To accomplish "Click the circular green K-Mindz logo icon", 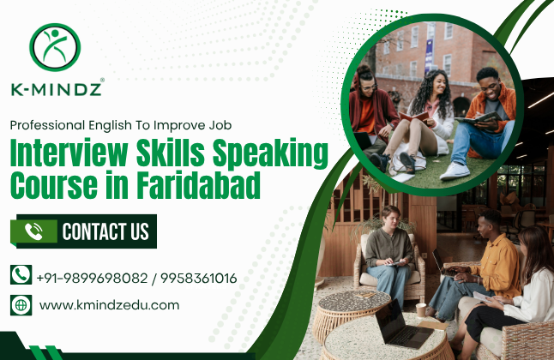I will tap(55, 48).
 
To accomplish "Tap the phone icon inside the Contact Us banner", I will tap(34, 231).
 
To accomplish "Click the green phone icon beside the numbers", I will tap(21, 276).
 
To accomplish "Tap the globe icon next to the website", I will tap(21, 304).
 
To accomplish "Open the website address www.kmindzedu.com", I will tap(110, 304).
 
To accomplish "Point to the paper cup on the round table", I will tap(421, 309).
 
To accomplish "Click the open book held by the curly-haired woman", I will tap(414, 116).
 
